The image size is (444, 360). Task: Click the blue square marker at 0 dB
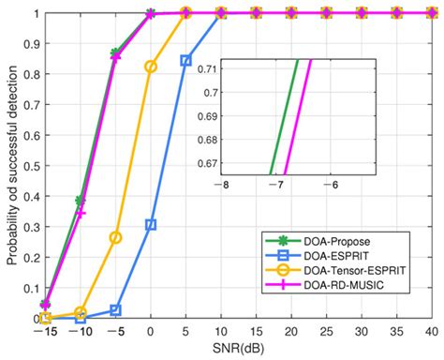pos(151,225)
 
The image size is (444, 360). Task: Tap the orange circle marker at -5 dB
pos(115,237)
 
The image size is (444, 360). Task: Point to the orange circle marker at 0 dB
pos(151,67)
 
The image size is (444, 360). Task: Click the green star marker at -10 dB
pos(81,201)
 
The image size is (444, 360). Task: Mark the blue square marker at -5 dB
pos(115,309)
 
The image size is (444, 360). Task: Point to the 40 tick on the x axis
pos(431,332)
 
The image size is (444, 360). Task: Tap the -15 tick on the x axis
pos(45,332)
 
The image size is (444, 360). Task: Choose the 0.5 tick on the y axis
pos(28,166)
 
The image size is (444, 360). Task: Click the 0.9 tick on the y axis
pos(28,44)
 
